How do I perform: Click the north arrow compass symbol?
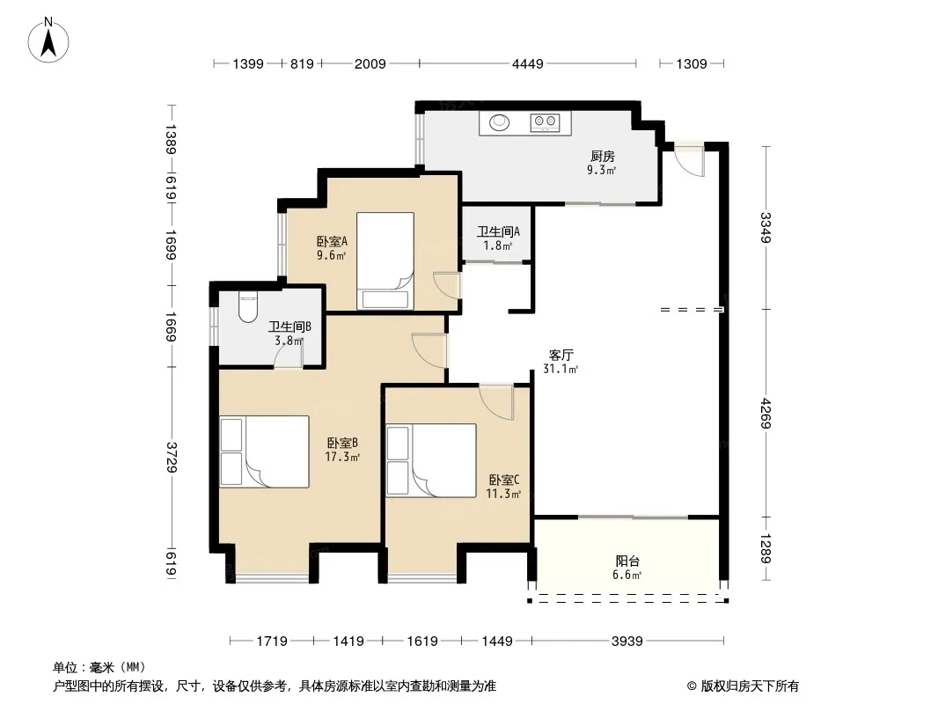pyautogui.click(x=48, y=40)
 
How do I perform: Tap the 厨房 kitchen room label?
pyautogui.click(x=603, y=156)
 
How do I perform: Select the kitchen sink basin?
pyautogui.click(x=500, y=122)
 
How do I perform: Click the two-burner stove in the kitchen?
pyautogui.click(x=545, y=122)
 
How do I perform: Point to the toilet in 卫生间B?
pyautogui.click(x=247, y=307)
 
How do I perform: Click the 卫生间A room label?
pyautogui.click(x=498, y=231)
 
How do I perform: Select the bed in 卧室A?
pyautogui.click(x=385, y=261)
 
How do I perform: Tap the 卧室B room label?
pyautogui.click(x=342, y=444)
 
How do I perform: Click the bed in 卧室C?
pyautogui.click(x=430, y=460)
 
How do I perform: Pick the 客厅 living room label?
pyautogui.click(x=561, y=355)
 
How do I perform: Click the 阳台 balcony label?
pyautogui.click(x=627, y=561)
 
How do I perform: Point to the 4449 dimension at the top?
pyautogui.click(x=528, y=63)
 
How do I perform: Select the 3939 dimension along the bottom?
pyautogui.click(x=627, y=642)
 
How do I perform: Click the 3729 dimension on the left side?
pyautogui.click(x=172, y=457)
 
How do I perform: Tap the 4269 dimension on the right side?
pyautogui.click(x=766, y=414)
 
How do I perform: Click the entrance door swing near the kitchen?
pyautogui.click(x=689, y=159)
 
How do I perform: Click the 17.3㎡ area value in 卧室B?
pyautogui.click(x=342, y=458)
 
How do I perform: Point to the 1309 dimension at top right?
pyautogui.click(x=692, y=63)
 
